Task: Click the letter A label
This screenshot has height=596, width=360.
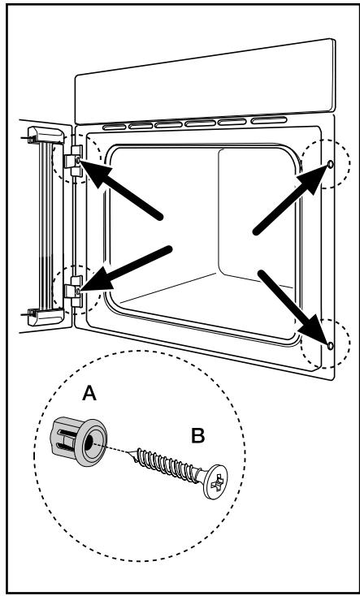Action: (x=89, y=393)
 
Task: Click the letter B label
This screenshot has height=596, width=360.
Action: (x=198, y=435)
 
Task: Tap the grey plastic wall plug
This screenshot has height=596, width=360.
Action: (x=78, y=441)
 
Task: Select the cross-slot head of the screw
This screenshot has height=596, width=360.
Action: (x=215, y=482)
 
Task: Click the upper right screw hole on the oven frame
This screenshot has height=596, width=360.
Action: (x=330, y=164)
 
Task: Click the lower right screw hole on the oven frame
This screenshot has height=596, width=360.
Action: (x=330, y=345)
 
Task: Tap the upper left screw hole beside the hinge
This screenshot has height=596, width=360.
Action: (x=78, y=161)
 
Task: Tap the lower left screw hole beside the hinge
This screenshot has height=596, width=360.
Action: (x=78, y=292)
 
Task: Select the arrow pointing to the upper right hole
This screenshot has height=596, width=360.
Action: (x=291, y=199)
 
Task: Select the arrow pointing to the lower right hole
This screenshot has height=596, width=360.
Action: (x=293, y=307)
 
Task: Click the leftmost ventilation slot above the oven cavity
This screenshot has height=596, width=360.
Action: (x=114, y=127)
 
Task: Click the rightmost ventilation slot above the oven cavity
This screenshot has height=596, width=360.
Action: (x=269, y=121)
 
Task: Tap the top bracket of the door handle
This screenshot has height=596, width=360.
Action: (x=45, y=135)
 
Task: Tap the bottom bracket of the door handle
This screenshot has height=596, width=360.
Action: (x=45, y=317)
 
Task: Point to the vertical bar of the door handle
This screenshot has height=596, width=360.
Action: (x=46, y=227)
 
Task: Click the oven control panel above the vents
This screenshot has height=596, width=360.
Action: (x=206, y=81)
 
